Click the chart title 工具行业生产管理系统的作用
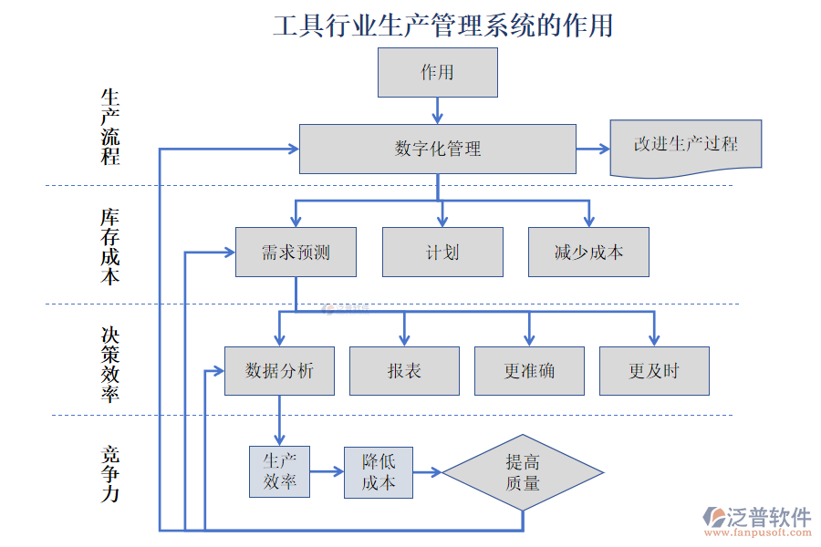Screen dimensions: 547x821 pyautogui.click(x=442, y=25)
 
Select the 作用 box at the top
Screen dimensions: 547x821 pyautogui.click(x=438, y=73)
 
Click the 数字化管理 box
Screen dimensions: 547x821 pyautogui.click(x=438, y=149)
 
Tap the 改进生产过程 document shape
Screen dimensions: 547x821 pyautogui.click(x=685, y=146)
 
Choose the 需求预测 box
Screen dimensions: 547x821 pyautogui.click(x=296, y=253)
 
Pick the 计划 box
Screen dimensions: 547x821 pyautogui.click(x=442, y=253)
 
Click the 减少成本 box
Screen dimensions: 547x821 pyautogui.click(x=588, y=253)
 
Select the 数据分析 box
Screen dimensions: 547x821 pyautogui.click(x=279, y=371)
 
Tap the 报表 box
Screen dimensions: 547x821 pyautogui.click(x=404, y=371)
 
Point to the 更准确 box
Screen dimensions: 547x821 pyautogui.click(x=529, y=371)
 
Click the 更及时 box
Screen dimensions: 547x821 pyautogui.click(x=654, y=371)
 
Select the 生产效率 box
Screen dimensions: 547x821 pyautogui.click(x=279, y=471)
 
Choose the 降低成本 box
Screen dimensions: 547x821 pyautogui.click(x=378, y=472)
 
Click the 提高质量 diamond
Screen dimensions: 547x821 pyautogui.click(x=523, y=472)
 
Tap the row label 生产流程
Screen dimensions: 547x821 pyautogui.click(x=110, y=127)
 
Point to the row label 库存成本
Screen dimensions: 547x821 pyautogui.click(x=110, y=247)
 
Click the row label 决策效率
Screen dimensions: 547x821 pyautogui.click(x=110, y=365)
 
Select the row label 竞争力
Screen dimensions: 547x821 pyautogui.click(x=110, y=474)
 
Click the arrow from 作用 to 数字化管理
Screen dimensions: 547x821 pyautogui.click(x=438, y=110)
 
